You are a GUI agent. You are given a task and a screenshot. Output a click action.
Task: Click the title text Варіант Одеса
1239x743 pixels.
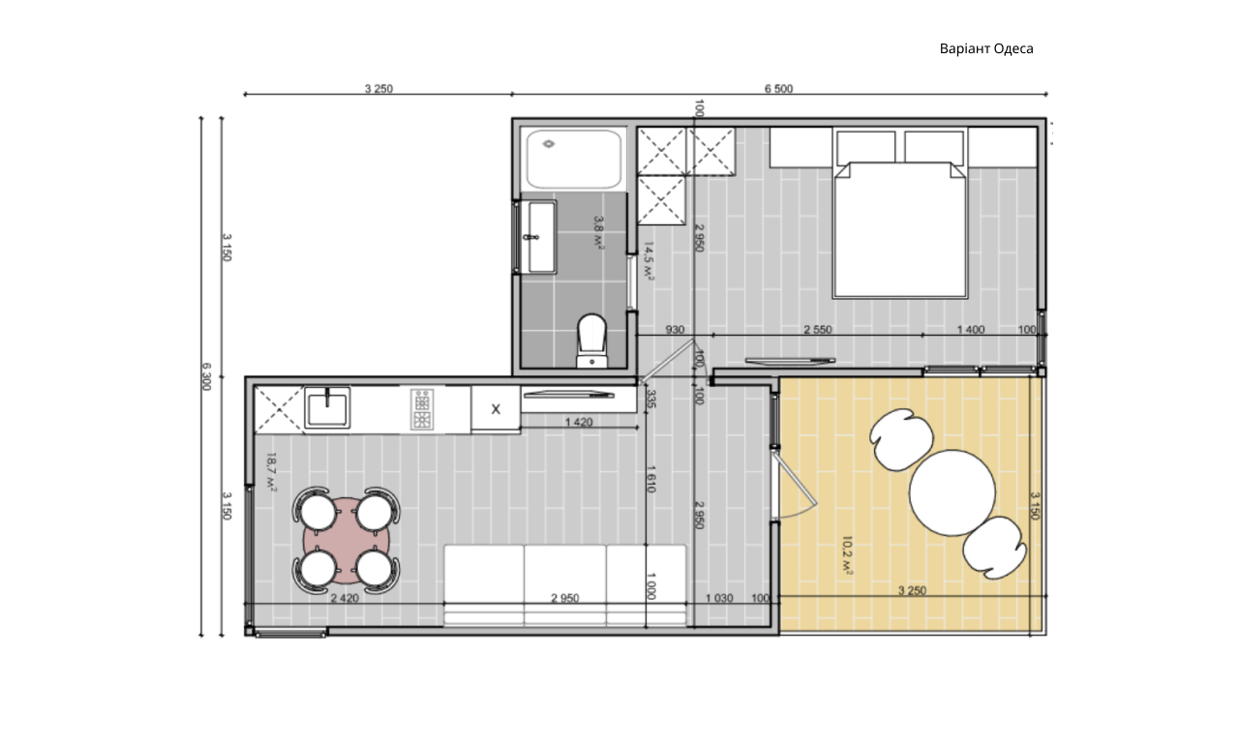click(x=986, y=48)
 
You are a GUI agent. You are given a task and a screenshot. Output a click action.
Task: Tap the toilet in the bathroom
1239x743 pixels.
click(x=591, y=341)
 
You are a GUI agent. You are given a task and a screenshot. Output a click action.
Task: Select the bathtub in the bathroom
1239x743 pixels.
click(x=574, y=160)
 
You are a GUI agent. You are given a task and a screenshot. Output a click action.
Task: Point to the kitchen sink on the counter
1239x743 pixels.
click(x=327, y=408)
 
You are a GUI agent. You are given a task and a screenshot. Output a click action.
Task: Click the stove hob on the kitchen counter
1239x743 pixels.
click(x=422, y=409)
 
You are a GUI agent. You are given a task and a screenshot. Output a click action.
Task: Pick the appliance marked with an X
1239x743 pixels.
click(x=496, y=408)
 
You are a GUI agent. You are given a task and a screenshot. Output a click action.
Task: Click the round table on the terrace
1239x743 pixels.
click(x=952, y=492)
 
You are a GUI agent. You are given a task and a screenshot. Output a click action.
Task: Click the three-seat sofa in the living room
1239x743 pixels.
click(x=565, y=585)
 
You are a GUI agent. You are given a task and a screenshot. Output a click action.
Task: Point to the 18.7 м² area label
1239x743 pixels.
click(x=271, y=472)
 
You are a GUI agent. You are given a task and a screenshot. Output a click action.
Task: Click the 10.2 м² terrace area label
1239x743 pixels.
click(x=847, y=555)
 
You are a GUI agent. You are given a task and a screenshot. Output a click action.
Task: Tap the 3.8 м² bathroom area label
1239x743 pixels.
click(x=598, y=232)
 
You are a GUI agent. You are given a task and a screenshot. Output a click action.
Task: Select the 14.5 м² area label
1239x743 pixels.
click(x=649, y=261)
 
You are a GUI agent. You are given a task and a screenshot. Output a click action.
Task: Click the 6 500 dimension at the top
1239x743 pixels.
click(x=778, y=88)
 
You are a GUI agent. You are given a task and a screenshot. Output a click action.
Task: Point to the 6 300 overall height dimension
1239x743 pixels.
click(x=206, y=376)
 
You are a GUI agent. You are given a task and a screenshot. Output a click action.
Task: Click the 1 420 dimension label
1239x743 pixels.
click(x=579, y=423)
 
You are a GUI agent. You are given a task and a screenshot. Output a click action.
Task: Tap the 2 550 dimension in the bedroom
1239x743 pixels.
click(x=818, y=330)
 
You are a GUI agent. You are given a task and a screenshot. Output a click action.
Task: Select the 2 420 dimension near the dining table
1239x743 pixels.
click(x=345, y=598)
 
